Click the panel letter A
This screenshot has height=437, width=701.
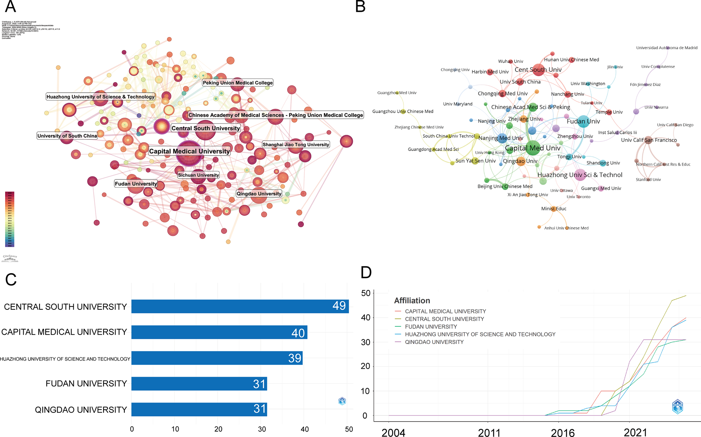[x=10, y=7]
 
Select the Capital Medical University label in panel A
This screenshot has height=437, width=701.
[x=189, y=151]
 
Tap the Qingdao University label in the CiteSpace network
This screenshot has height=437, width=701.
[x=259, y=194]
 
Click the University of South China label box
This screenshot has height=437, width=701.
[x=67, y=136]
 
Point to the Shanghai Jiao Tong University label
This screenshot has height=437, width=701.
[x=295, y=144]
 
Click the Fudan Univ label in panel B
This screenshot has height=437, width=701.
[x=583, y=121]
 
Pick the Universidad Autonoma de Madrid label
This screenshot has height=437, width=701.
[x=666, y=48]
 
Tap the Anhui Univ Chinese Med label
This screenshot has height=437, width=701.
[x=566, y=228]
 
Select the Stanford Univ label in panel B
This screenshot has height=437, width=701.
[x=648, y=180]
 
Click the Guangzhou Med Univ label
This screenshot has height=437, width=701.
[x=397, y=93]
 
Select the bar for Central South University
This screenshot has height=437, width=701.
[x=240, y=306]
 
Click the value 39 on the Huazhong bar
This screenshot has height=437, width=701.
[x=294, y=358]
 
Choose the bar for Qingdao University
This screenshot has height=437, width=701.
[x=199, y=409]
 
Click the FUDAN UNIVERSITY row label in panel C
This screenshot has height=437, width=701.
[x=86, y=383]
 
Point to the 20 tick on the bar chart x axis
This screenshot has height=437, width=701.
[x=218, y=429]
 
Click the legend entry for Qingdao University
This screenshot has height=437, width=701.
[x=434, y=342]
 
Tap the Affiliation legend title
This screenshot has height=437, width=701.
[x=412, y=301]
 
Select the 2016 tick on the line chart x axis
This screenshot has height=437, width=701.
[x=563, y=433]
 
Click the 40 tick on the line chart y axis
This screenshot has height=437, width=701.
[x=366, y=318]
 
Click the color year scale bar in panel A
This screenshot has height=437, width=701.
[x=10, y=219]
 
